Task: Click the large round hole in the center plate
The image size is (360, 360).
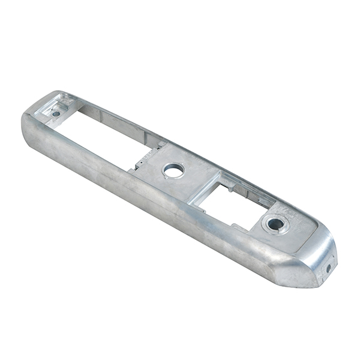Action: pyautogui.click(x=173, y=171)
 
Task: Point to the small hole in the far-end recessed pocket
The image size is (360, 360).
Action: pyautogui.click(x=56, y=113)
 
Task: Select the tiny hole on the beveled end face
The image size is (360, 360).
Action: pyautogui.click(x=328, y=268)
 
